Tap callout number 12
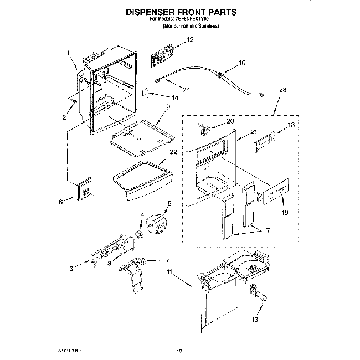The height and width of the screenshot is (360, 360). [190, 39]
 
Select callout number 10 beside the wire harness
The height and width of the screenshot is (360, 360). [241, 64]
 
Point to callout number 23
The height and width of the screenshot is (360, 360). [283, 90]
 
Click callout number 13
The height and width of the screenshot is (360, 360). [254, 320]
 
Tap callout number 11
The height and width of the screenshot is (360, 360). [169, 271]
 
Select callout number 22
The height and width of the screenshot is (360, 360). [173, 152]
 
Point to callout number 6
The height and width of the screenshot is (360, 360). [61, 202]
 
